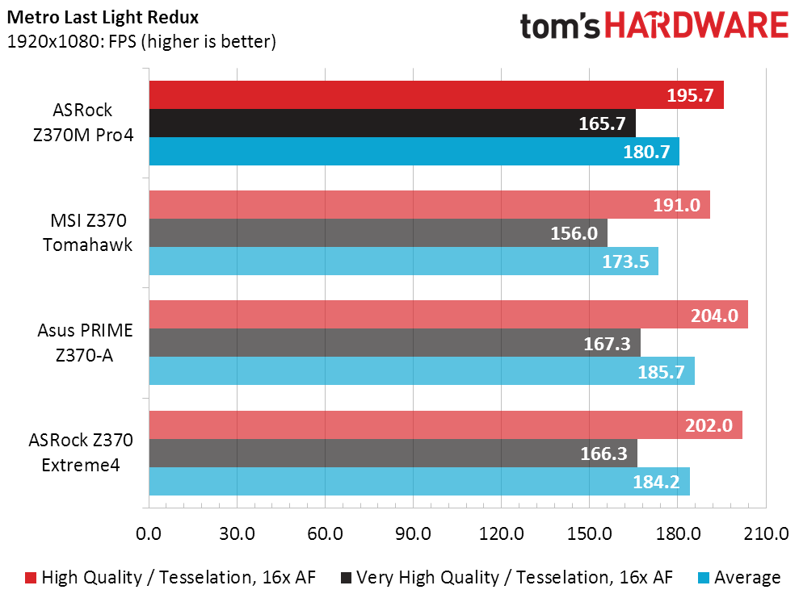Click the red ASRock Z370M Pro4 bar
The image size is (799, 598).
436,94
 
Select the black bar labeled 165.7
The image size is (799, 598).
393,123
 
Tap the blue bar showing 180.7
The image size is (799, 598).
414,151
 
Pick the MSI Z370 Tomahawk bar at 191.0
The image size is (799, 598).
430,205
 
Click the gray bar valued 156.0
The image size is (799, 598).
378,233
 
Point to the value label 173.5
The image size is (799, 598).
625,261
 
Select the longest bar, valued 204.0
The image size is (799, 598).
448,315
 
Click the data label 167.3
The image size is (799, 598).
607,344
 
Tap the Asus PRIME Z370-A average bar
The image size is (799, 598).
422,371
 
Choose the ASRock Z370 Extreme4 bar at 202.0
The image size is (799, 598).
446,425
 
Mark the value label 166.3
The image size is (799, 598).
603,454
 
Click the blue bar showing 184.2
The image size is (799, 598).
419,482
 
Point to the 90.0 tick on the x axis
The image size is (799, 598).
414,533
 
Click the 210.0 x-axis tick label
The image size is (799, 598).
766,533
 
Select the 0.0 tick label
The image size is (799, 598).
149,533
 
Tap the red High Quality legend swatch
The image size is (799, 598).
31,578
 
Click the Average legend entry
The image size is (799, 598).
739,578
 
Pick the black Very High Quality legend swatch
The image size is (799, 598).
346,578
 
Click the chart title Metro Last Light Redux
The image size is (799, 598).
103,17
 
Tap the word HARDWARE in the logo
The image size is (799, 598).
696,26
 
